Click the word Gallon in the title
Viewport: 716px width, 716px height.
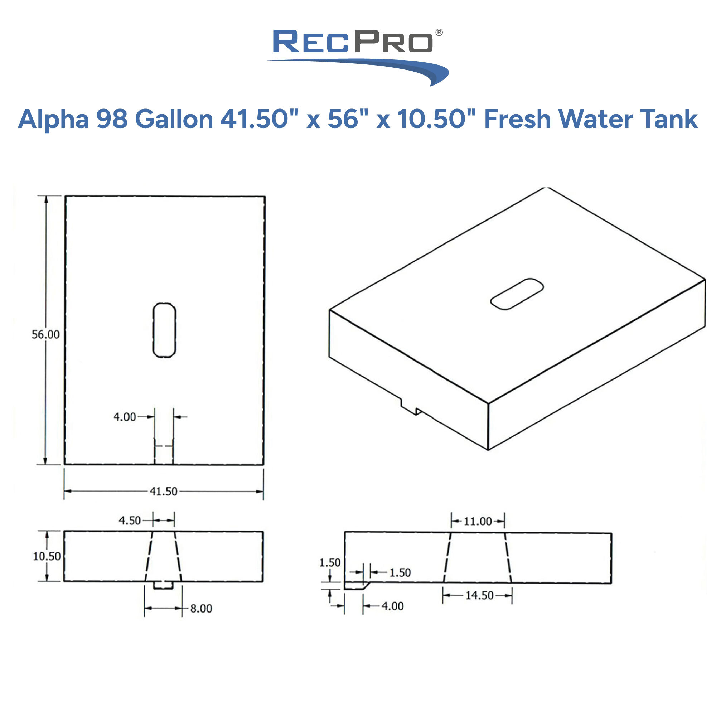coord(174,119)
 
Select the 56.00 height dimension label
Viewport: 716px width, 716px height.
coord(45,335)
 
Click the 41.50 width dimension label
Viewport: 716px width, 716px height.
coord(164,492)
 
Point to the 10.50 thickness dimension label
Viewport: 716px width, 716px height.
coord(47,556)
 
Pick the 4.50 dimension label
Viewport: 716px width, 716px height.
coord(130,521)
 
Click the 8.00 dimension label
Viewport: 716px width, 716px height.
coord(201,609)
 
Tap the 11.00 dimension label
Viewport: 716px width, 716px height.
coord(478,522)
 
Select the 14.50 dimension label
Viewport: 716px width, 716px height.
coord(479,596)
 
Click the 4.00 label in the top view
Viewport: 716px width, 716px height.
coord(125,417)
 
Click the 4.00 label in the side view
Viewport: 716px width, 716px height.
coord(392,606)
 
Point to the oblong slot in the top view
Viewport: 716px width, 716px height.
coord(164,330)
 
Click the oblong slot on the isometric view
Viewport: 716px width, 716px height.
coord(517,294)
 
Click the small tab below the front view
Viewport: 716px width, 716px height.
coord(163,585)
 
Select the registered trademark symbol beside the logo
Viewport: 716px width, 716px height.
coord(439,33)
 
